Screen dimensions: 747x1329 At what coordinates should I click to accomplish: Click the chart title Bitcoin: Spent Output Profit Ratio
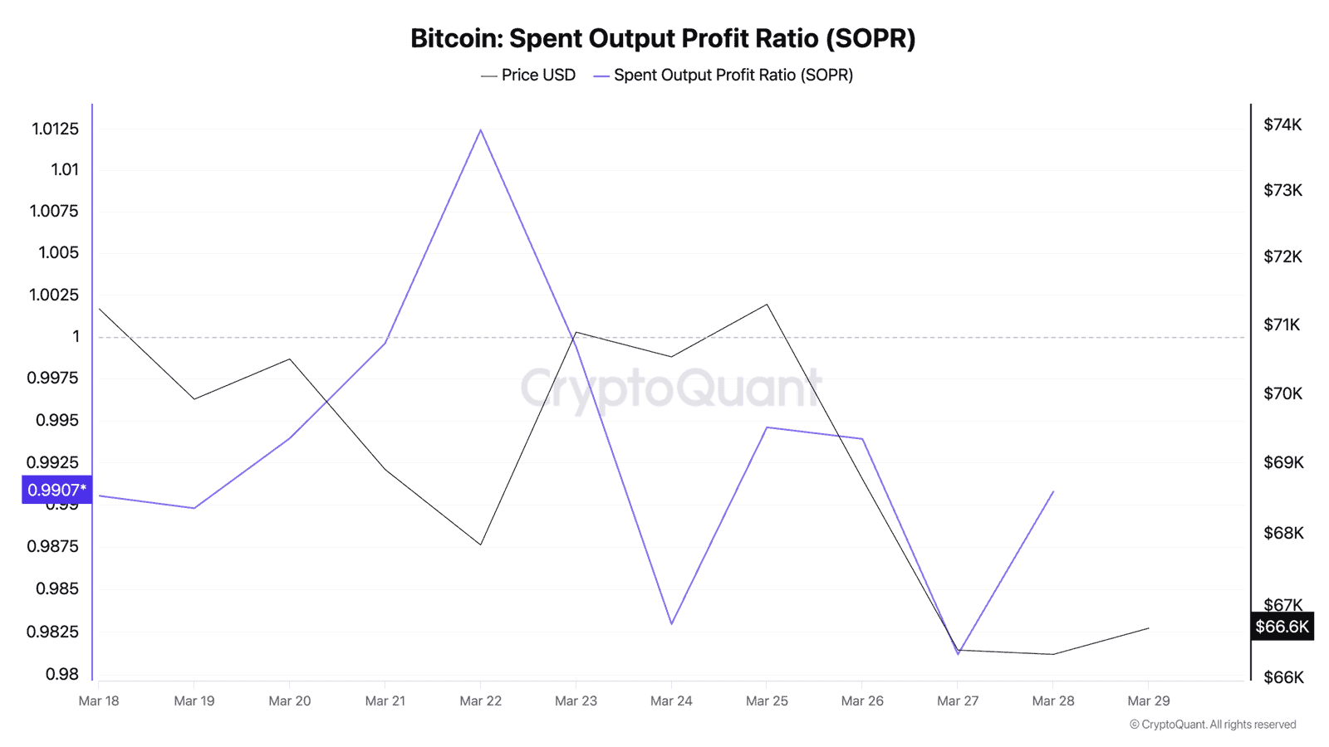[x=663, y=38]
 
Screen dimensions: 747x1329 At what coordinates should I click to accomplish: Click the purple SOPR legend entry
[x=723, y=76]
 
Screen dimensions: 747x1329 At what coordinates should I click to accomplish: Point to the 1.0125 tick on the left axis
[x=55, y=129]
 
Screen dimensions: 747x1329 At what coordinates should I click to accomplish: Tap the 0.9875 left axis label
[x=52, y=546]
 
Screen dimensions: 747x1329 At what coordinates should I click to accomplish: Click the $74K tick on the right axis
[x=1282, y=125]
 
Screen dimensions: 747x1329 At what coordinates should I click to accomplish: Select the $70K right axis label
[x=1282, y=393]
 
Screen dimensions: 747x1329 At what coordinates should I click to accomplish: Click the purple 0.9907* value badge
[x=56, y=490]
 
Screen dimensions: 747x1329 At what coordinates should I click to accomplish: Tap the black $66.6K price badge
[x=1281, y=627]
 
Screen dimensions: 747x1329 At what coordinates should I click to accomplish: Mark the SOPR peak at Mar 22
[x=480, y=129]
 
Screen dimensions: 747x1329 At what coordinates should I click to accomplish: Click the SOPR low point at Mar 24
[x=671, y=624]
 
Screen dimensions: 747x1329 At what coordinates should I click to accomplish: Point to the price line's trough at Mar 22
[x=480, y=544]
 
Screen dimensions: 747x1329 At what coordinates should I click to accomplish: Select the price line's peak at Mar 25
[x=767, y=305]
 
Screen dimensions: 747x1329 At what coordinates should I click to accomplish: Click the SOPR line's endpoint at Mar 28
[x=1053, y=491]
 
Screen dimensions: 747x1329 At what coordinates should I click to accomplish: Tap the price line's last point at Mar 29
[x=1149, y=628]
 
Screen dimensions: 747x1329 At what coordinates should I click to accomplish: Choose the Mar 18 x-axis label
[x=99, y=701]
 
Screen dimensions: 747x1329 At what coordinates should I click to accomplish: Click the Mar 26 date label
[x=862, y=701]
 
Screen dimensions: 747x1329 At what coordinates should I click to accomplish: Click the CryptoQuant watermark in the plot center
[x=671, y=388]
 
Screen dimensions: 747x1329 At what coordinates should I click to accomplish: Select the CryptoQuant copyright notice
[x=1213, y=725]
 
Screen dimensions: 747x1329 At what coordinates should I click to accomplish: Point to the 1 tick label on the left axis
[x=76, y=337]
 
